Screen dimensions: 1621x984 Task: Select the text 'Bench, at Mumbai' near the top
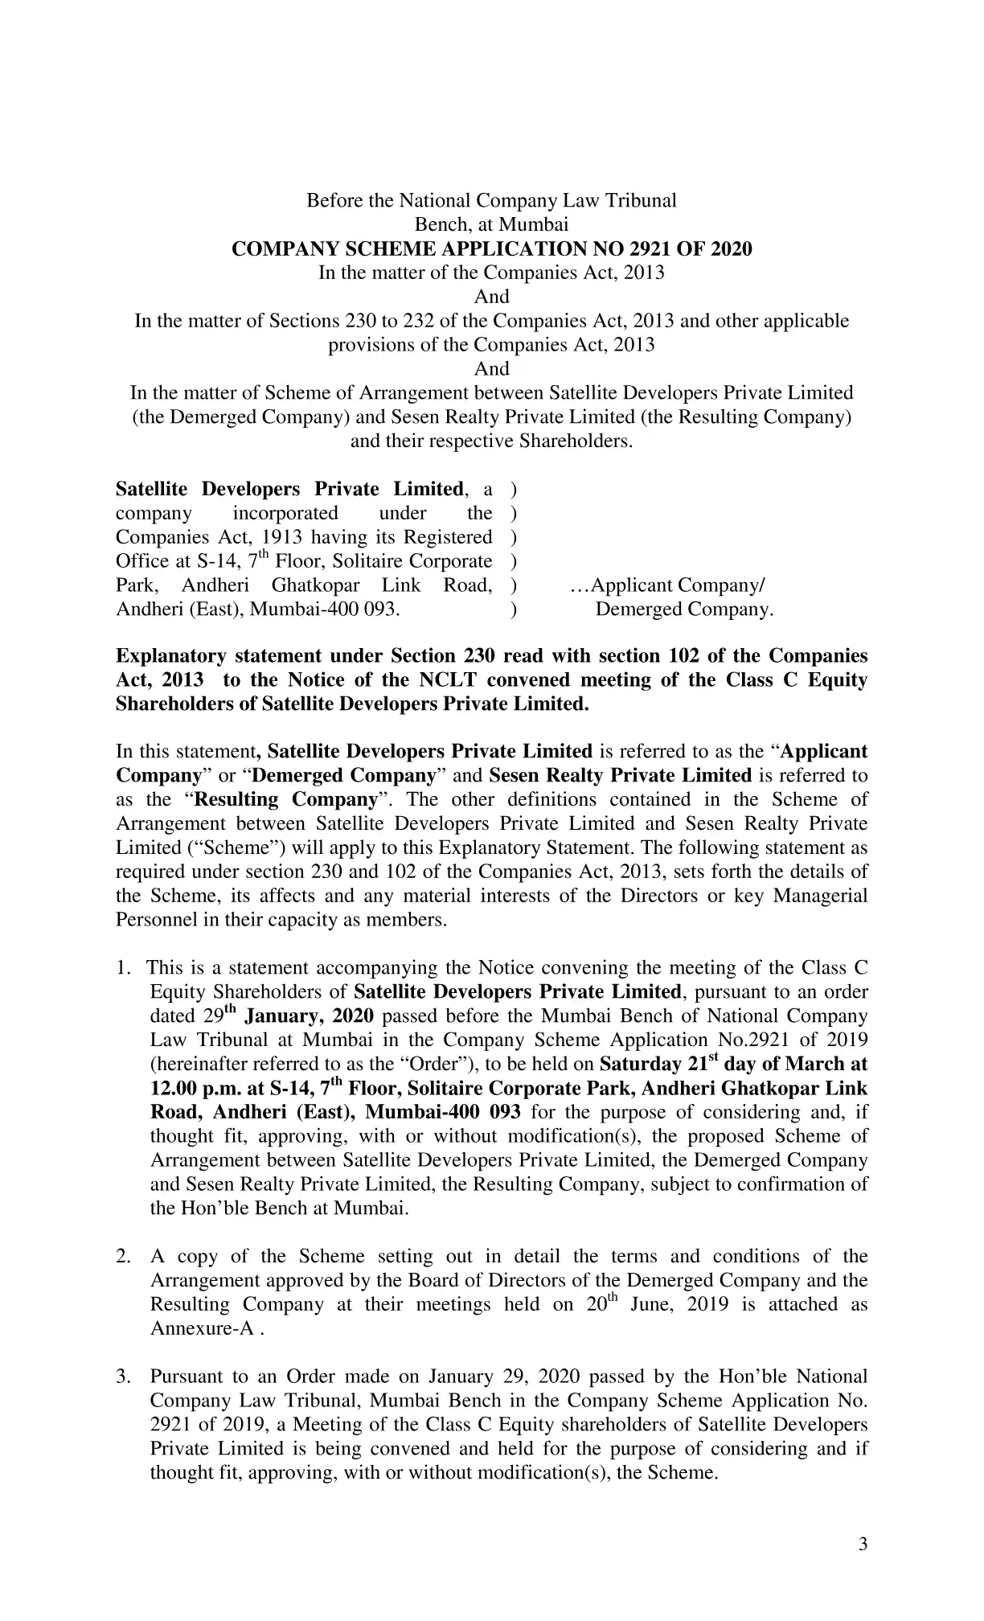[x=491, y=225]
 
